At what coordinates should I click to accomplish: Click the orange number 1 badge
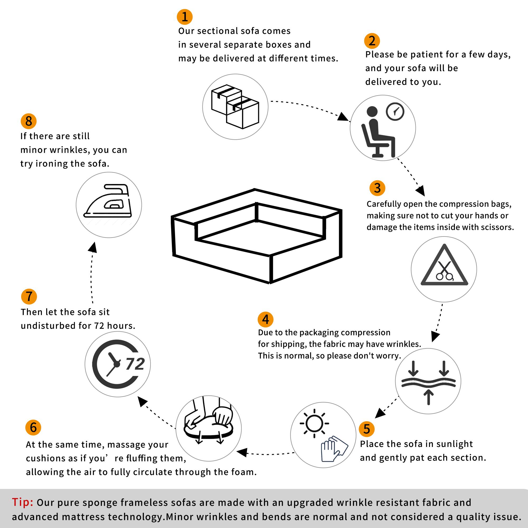[x=185, y=17]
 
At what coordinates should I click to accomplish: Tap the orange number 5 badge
[x=366, y=429]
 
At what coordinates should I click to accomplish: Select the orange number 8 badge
[x=29, y=121]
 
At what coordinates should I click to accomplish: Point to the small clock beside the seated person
[x=395, y=111]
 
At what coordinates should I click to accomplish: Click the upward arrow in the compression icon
[x=428, y=397]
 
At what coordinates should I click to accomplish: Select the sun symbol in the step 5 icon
[x=314, y=424]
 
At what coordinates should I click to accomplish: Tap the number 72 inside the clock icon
[x=135, y=364]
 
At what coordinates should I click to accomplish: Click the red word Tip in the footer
[x=22, y=502]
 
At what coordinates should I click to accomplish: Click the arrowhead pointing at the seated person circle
[x=342, y=117]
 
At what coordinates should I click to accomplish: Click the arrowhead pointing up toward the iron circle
[x=93, y=247]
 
